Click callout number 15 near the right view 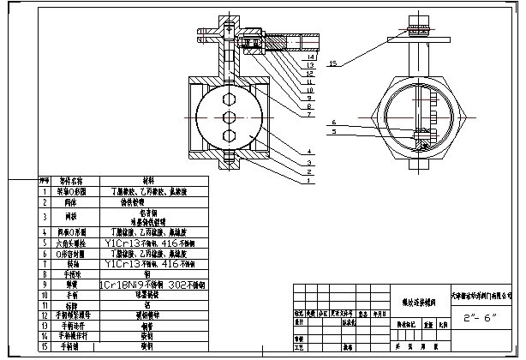(332, 63)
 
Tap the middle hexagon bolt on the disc (230, 117)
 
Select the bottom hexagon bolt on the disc (230, 135)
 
